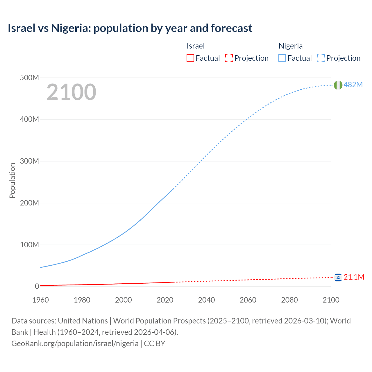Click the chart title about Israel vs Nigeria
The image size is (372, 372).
(130, 28)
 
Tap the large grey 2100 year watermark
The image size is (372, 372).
(71, 92)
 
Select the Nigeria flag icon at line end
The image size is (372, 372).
(338, 85)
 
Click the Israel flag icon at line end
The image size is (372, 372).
(338, 278)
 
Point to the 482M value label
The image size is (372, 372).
(353, 85)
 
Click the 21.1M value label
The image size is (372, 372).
(354, 277)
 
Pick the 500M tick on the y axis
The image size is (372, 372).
(29, 78)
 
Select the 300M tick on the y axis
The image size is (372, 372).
(29, 161)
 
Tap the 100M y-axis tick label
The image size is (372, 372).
(29, 245)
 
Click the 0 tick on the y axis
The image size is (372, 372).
(37, 286)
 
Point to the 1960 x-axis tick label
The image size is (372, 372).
(40, 300)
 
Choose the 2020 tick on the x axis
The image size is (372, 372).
(165, 300)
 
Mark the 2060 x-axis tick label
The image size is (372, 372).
(248, 300)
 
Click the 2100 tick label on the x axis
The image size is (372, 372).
(331, 300)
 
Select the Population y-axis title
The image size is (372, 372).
(12, 180)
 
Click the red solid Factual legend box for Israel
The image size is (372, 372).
(190, 58)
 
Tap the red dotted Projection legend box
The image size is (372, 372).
(229, 58)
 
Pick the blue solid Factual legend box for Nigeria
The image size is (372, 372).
(282, 58)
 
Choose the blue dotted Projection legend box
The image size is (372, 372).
(321, 58)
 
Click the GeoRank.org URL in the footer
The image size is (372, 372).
(75, 343)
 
